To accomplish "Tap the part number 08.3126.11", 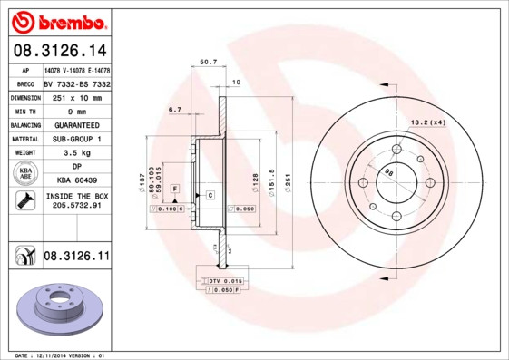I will pos(76,258).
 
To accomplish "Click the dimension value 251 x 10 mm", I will pos(76,97).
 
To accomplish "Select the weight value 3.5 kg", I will pos(76,153).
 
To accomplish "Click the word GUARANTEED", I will pos(76,124).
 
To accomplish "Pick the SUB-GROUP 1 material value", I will pos(76,139).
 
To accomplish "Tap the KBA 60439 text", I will pos(76,181).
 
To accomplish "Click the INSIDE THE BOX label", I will pos(76,196).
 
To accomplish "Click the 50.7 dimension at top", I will pos(207,63).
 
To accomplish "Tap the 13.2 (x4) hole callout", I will pos(429,122).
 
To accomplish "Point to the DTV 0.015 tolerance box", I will pos(220,281).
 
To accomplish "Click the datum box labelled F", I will pos(174,188).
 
